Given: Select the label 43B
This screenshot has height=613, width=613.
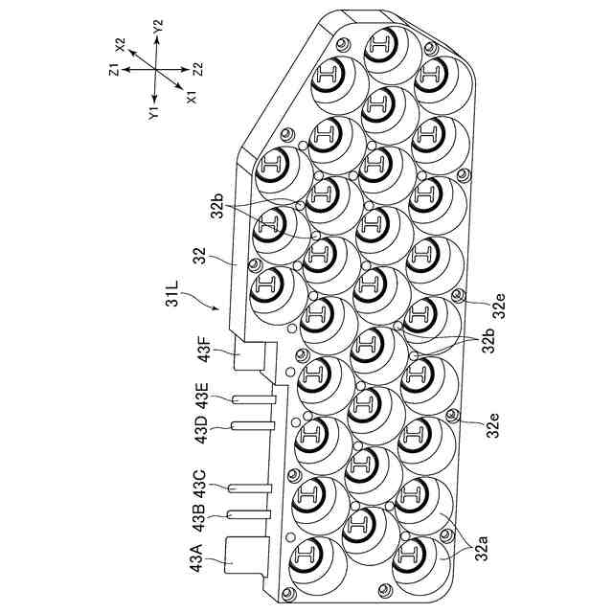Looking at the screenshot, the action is (x=199, y=515).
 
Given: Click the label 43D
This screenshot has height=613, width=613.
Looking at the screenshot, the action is (x=199, y=431).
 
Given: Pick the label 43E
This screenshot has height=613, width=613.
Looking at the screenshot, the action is (x=199, y=395).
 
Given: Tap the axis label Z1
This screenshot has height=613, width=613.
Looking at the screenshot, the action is (x=113, y=68).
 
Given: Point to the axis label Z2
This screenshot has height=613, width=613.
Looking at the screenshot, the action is (x=198, y=68).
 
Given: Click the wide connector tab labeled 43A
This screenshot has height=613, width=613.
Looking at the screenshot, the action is (x=244, y=556).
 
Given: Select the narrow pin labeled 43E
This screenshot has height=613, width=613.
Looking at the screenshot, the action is (x=251, y=397).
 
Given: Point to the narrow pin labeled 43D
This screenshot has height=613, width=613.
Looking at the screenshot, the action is (x=251, y=425).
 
